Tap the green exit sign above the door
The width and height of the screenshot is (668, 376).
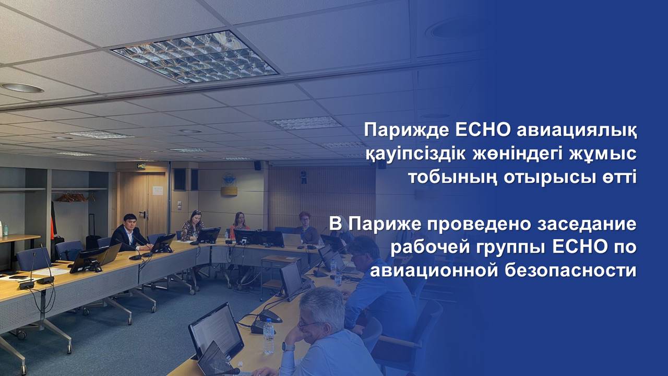click(x=141, y=166)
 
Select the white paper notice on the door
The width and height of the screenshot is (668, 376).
click(x=158, y=190)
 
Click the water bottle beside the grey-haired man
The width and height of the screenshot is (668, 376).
click(x=268, y=337)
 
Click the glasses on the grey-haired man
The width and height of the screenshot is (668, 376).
click(x=308, y=323)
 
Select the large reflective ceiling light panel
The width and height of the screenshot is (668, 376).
click(x=195, y=57)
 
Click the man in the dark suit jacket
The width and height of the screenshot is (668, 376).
click(x=129, y=234)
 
